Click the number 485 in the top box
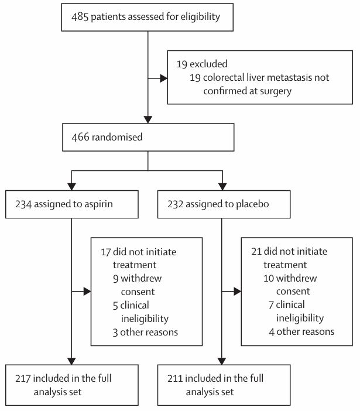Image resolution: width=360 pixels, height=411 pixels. pos(80,17)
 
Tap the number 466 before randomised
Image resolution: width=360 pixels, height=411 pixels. pos(80,137)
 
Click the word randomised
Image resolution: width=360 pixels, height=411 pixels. pos(117,137)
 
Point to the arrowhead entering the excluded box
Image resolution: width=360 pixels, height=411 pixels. pos(164,78)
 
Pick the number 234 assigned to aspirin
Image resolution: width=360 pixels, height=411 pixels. pos(23,204)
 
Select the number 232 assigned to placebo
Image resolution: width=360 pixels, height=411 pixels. pos(175,204)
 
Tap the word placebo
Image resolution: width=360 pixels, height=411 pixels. pos(252,204)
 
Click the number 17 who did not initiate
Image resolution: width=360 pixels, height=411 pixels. pos(106,252)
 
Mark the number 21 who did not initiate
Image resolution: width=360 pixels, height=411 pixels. pos(256,252)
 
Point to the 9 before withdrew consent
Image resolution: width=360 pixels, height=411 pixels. pos(115,279)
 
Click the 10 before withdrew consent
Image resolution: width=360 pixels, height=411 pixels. pos(269,278)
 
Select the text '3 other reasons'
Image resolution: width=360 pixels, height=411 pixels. pos(145,333)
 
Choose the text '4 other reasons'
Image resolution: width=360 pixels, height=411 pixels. pos(301,332)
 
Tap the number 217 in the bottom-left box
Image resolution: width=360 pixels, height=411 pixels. pos(23,378)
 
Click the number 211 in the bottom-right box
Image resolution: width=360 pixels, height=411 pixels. pos(175,378)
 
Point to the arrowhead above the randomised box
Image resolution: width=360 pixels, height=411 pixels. pos(148,119)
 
